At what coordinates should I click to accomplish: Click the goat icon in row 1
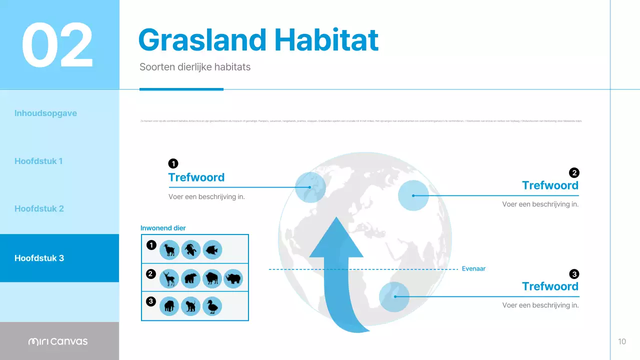click(x=169, y=249)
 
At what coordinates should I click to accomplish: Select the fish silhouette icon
click(x=212, y=249)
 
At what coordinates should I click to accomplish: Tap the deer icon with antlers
click(x=169, y=278)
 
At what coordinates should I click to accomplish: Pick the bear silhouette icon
click(x=190, y=278)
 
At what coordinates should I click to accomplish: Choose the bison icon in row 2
click(x=212, y=278)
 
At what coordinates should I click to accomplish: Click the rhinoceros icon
click(x=233, y=278)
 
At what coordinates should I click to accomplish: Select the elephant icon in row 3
click(x=169, y=306)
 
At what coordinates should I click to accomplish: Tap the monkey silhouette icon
click(x=190, y=306)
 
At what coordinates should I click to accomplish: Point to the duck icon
click(x=212, y=306)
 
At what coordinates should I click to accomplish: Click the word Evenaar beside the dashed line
click(x=473, y=268)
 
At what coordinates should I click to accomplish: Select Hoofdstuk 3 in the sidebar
click(x=39, y=258)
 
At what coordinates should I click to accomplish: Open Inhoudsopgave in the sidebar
click(x=45, y=113)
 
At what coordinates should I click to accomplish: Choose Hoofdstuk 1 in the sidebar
click(x=38, y=161)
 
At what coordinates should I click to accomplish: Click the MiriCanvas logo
click(x=58, y=341)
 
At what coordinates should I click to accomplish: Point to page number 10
click(x=622, y=341)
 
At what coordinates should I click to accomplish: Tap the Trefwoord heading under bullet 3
click(x=550, y=286)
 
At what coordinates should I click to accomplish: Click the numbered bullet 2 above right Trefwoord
click(x=574, y=172)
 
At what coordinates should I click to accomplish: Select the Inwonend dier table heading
click(x=163, y=228)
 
